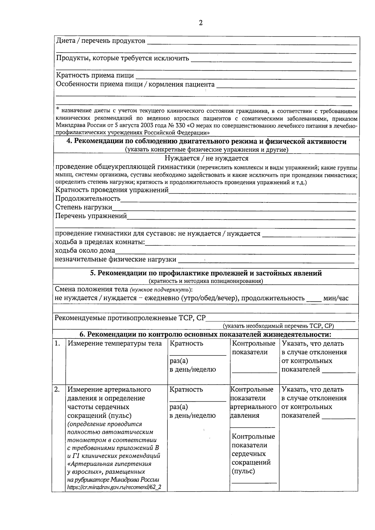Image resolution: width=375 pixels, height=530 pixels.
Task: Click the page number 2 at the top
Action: click(x=200, y=23)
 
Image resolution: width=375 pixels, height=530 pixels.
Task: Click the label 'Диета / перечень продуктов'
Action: click(x=100, y=41)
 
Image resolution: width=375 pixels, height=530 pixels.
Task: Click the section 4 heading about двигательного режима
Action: click(x=207, y=141)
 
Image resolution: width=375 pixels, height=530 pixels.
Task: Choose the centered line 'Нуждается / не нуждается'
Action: click(x=206, y=158)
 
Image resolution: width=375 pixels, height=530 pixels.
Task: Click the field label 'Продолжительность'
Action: click(x=88, y=198)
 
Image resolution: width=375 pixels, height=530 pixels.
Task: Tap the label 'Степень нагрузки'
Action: click(x=84, y=207)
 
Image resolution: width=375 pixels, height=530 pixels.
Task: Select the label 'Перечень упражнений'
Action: click(x=91, y=216)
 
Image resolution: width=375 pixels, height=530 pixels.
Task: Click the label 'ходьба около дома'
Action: click(x=85, y=250)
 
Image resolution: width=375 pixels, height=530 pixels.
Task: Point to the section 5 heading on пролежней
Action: click(x=206, y=273)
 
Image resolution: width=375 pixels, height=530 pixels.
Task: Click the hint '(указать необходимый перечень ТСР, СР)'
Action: click(x=278, y=326)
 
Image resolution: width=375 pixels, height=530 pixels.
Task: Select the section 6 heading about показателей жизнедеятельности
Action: click(x=205, y=334)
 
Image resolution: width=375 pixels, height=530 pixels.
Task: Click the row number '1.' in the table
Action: click(x=57, y=344)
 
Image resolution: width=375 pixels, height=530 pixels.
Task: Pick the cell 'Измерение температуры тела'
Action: click(x=115, y=344)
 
